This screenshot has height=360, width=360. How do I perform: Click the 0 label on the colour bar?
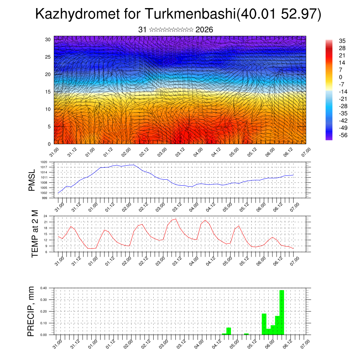(x=340, y=77)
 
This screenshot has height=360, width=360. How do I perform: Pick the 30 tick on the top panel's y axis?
(x=48, y=39)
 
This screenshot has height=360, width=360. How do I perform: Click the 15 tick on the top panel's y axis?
(x=48, y=92)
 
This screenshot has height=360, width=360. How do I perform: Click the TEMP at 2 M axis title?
(x=34, y=234)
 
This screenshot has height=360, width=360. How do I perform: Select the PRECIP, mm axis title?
(x=31, y=311)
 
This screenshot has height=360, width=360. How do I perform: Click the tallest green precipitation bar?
(x=282, y=312)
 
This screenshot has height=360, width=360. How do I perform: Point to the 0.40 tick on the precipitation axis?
(x=44, y=288)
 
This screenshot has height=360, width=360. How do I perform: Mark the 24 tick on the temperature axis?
(x=46, y=216)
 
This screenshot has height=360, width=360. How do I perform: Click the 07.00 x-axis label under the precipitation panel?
(x=306, y=342)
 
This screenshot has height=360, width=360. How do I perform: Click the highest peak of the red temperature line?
(x=175, y=219)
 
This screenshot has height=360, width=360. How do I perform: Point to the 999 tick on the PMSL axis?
(x=45, y=198)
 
